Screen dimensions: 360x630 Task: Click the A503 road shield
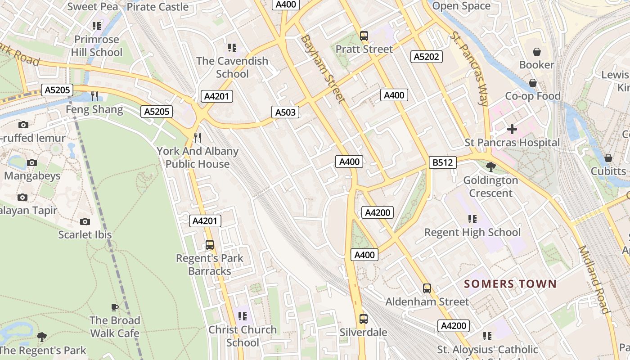pyautogui.click(x=285, y=112)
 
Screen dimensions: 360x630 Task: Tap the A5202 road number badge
pyautogui.click(x=427, y=57)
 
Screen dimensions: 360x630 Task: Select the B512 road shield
pyautogui.click(x=442, y=162)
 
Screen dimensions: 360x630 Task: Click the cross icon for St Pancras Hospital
pyautogui.click(x=512, y=130)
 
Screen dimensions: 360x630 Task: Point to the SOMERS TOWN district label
pyautogui.click(x=510, y=284)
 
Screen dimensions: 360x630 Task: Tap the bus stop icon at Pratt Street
pyautogui.click(x=364, y=36)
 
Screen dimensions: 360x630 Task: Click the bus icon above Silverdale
pyautogui.click(x=364, y=319)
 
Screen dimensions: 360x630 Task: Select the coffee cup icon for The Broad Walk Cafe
pyautogui.click(x=115, y=308)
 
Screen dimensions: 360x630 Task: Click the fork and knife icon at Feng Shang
pyautogui.click(x=94, y=96)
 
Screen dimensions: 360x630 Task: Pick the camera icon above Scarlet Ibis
pyautogui.click(x=85, y=221)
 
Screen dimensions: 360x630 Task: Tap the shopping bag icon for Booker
pyautogui.click(x=536, y=52)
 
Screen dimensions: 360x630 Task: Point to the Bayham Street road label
pyautogui.click(x=323, y=69)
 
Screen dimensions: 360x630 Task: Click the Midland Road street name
pyautogui.click(x=594, y=279)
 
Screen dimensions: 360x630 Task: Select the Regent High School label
pyautogui.click(x=472, y=232)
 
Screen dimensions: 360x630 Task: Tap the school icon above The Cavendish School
pyautogui.click(x=232, y=47)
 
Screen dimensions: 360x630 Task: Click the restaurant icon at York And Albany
pyautogui.click(x=198, y=137)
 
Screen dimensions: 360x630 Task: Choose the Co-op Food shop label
pyautogui.click(x=533, y=96)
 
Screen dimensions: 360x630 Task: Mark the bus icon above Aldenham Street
pyautogui.click(x=427, y=288)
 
